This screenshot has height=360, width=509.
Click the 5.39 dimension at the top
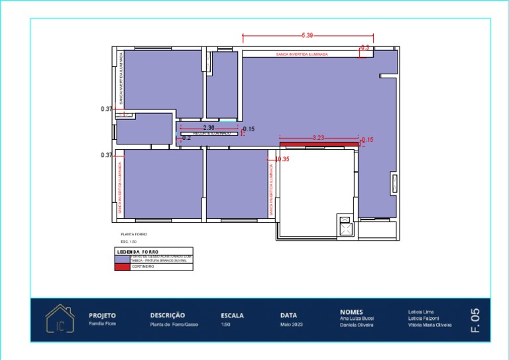click(x=307, y=34)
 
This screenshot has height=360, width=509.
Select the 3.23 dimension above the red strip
click(x=318, y=137)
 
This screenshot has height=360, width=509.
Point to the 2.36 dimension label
click(x=208, y=127)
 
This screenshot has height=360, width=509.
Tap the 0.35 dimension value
click(x=283, y=159)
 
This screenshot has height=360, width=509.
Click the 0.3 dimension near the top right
click(x=365, y=48)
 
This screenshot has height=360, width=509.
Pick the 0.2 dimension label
click(x=186, y=138)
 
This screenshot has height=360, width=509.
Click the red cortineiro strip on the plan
click(x=318, y=143)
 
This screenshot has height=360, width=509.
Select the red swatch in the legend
click(x=123, y=267)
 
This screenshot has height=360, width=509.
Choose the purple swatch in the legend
click(x=123, y=260)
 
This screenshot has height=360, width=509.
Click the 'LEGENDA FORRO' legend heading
click(x=138, y=252)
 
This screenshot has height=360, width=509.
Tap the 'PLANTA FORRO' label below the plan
click(x=134, y=235)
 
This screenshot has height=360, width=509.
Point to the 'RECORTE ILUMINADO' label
click(x=211, y=133)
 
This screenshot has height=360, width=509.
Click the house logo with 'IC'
click(x=60, y=320)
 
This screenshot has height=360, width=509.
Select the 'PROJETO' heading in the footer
click(x=103, y=316)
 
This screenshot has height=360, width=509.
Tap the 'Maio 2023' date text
click(x=291, y=325)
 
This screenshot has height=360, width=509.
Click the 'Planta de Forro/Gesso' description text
click(x=174, y=325)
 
